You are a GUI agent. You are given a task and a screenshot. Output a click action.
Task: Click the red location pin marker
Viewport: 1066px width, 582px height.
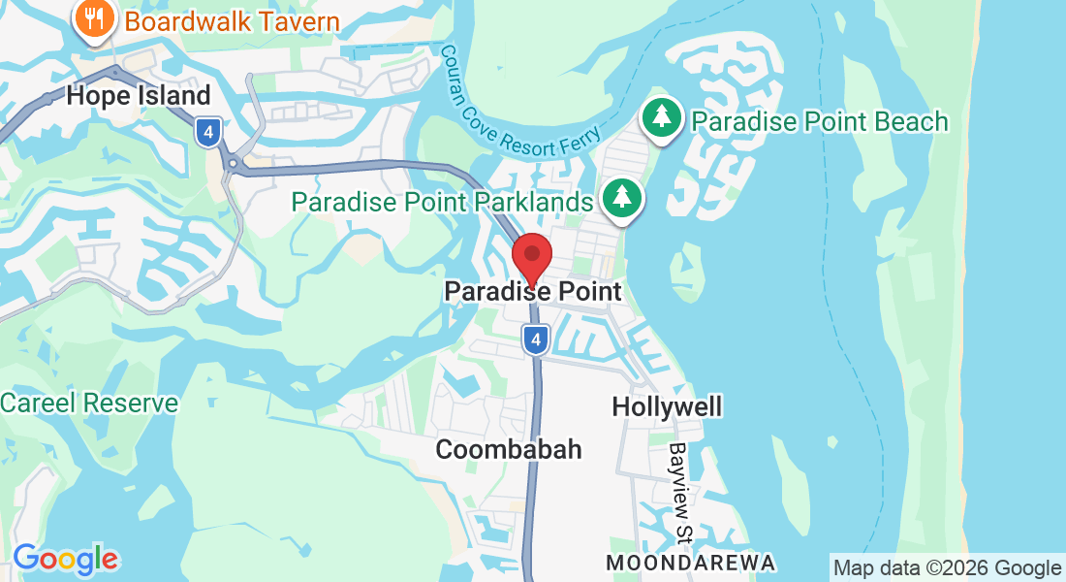532,256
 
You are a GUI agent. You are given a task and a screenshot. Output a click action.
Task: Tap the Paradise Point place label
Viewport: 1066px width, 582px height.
532,291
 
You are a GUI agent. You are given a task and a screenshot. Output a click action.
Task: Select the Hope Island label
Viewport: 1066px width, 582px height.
138,96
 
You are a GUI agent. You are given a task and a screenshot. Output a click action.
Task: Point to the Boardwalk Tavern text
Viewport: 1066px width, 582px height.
233,21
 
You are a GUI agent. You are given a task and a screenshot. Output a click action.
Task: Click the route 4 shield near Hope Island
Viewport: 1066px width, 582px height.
207,131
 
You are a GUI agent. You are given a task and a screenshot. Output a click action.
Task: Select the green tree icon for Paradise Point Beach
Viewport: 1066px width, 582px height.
662,118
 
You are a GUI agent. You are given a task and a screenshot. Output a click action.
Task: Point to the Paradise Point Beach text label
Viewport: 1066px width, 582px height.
819,121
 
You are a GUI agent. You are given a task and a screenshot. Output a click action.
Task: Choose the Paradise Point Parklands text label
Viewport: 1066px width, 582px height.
442,202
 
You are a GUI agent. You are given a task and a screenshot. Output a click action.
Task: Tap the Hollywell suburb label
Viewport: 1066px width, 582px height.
667,405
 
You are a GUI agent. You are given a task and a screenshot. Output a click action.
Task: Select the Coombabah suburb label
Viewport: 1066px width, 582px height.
509,449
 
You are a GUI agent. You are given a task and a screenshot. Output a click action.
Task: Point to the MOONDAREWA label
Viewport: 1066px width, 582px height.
691,563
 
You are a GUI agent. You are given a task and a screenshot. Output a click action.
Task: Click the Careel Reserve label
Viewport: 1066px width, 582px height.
89,403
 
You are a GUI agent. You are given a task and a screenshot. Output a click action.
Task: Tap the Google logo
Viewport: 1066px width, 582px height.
65,559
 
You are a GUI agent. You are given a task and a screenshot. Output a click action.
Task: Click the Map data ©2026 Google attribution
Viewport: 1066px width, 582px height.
947,567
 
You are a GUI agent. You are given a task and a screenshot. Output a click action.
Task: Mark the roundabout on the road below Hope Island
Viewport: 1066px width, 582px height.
233,164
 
